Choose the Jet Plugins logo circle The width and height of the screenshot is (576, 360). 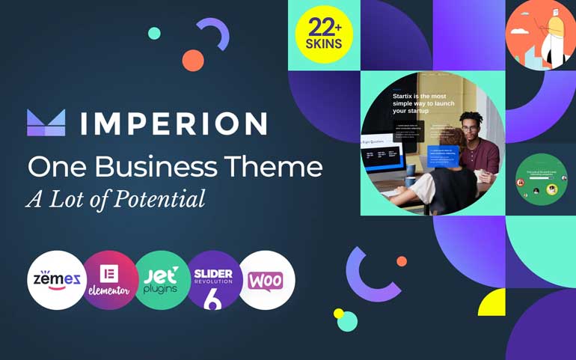coord(162,281)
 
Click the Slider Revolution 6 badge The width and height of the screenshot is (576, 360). coord(215,281)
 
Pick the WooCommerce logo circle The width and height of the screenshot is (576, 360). coord(266,281)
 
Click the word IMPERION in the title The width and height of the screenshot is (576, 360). coord(174,123)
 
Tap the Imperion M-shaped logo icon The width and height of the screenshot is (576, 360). coord(46,123)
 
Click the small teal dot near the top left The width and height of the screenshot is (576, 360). coord(154,33)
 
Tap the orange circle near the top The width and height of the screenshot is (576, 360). coord(193,61)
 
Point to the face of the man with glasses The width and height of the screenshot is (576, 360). coord(469,128)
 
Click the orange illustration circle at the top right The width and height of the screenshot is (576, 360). coord(539,35)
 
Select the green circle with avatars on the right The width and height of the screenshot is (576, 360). coord(541,180)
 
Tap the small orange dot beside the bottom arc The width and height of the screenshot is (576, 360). coord(402,261)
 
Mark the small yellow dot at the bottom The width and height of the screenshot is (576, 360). coord(338,313)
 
